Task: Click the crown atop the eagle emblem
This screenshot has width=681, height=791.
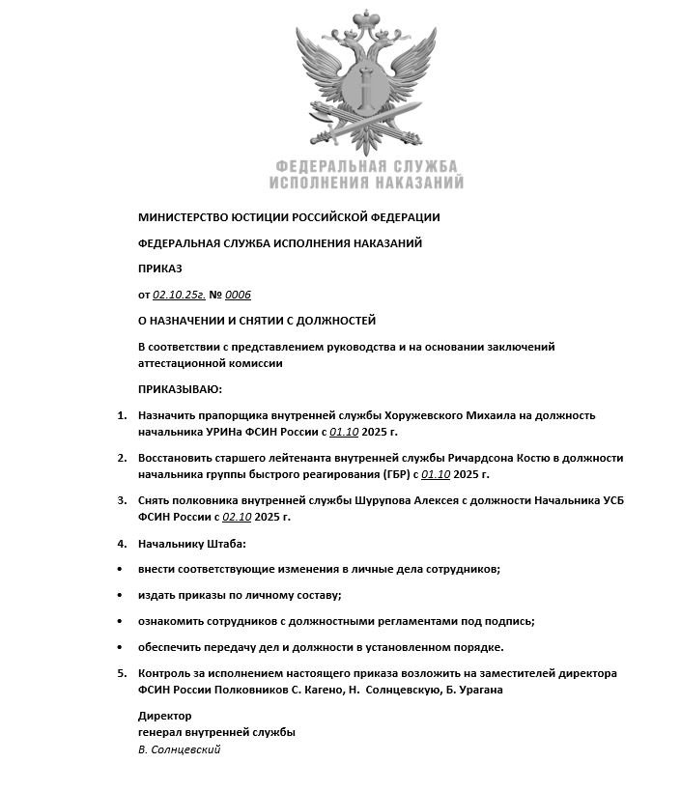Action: click(366, 20)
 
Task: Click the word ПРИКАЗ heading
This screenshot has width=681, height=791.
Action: click(160, 268)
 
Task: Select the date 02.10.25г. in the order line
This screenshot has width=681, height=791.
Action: click(173, 295)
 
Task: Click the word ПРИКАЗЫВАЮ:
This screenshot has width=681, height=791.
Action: click(180, 389)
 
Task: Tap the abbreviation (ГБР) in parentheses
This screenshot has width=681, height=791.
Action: click(386, 474)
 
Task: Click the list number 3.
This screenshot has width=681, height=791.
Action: click(122, 500)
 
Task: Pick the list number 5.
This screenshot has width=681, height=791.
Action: click(122, 673)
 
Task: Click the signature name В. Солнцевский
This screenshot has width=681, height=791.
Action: click(180, 749)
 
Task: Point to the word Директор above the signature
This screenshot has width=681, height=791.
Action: click(165, 716)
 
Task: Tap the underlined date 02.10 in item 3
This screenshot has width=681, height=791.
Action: click(236, 517)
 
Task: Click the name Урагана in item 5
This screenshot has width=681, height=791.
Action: click(479, 690)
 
